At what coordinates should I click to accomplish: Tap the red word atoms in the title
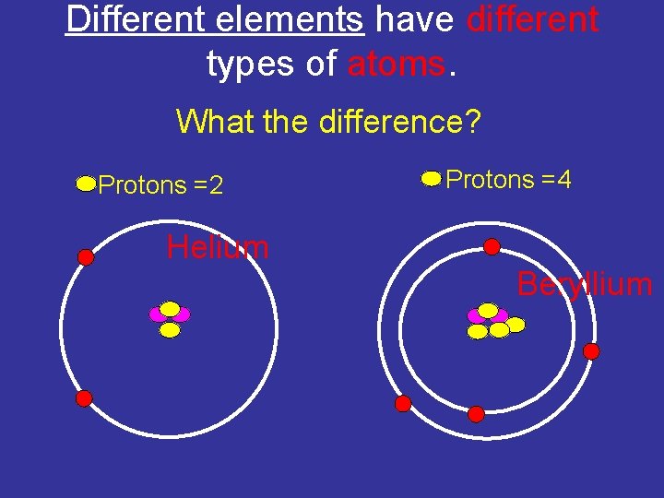tap(397, 64)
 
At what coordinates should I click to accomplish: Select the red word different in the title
tap(532, 19)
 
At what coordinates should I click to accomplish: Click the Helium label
tap(218, 247)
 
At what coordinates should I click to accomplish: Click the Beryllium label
tap(585, 284)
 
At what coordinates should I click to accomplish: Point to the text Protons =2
tap(160, 185)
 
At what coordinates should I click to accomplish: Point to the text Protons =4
tap(508, 180)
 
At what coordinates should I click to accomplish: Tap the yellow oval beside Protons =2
tap(86, 184)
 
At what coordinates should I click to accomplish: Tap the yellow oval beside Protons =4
tap(431, 179)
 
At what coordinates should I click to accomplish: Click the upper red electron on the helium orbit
tap(86, 257)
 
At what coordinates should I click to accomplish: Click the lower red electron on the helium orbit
tap(83, 398)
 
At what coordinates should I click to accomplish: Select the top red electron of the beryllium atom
tap(492, 246)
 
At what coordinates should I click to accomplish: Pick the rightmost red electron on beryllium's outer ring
tap(591, 351)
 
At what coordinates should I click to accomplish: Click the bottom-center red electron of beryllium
tap(476, 414)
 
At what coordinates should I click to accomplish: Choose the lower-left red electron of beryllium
tap(403, 403)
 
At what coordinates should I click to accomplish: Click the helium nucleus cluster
tap(170, 318)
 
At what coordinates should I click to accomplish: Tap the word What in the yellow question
tap(210, 121)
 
